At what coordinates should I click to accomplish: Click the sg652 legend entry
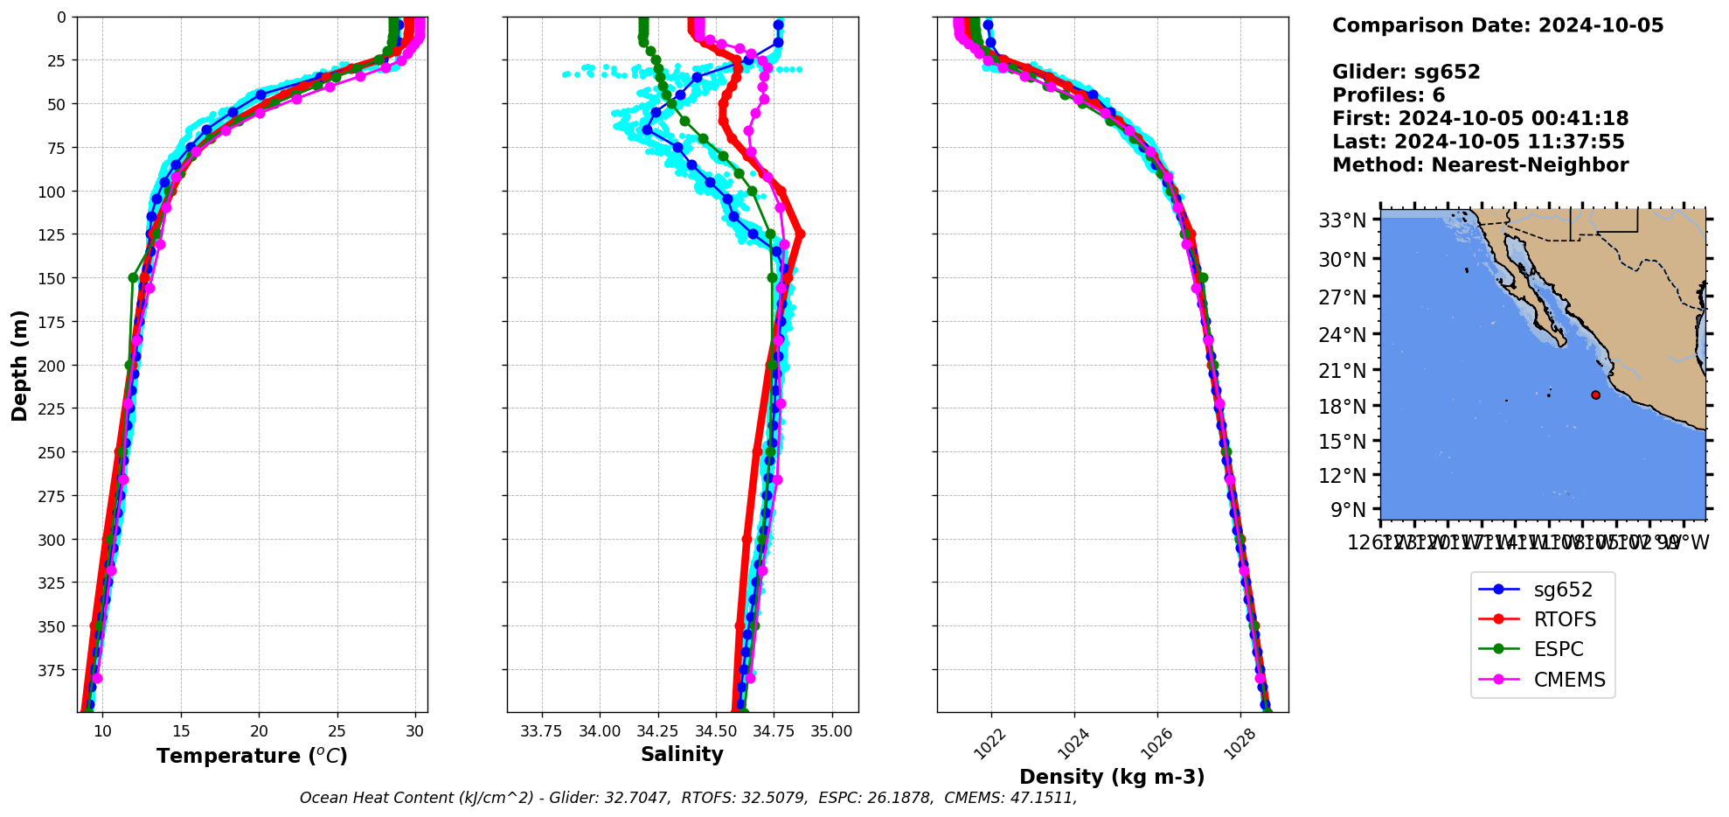click(1563, 590)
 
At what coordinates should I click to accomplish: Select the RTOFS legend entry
click(1565, 620)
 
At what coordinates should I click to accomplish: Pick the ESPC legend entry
click(1559, 650)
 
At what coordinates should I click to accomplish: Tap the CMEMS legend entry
click(1569, 680)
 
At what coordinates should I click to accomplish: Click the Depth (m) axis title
click(19, 365)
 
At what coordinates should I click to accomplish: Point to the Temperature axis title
click(252, 756)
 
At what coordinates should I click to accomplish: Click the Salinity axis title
click(682, 755)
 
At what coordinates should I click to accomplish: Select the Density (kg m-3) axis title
click(1112, 777)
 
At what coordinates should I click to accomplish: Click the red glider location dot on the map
click(1595, 395)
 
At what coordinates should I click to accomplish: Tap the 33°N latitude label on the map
click(1342, 220)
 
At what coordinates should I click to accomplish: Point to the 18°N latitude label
click(1342, 407)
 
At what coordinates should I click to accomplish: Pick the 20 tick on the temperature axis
click(259, 731)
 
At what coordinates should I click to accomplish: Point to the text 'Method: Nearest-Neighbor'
click(1480, 165)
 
